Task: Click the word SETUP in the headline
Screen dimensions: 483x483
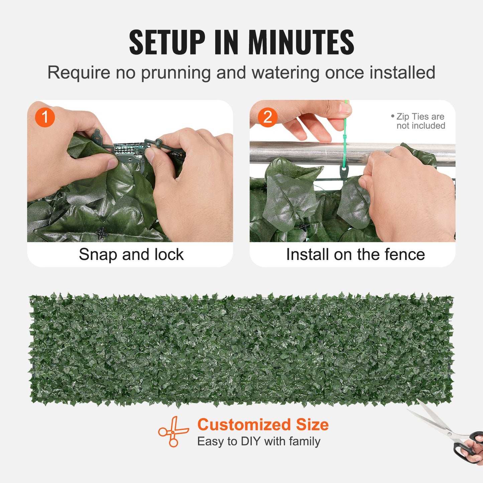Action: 167,42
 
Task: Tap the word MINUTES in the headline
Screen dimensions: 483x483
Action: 301,42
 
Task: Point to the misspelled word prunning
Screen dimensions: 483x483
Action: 175,73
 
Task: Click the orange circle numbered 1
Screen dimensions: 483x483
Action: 45,117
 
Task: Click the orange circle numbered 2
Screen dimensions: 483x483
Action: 267,117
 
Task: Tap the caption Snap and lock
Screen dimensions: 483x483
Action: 131,254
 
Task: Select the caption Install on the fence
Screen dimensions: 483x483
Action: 355,254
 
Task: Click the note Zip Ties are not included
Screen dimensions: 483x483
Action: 420,121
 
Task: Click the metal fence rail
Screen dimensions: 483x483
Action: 301,152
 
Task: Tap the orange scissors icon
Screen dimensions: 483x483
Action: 173,432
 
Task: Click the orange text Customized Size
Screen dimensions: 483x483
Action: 263,425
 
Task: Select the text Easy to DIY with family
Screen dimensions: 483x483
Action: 259,441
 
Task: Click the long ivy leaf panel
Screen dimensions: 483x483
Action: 241,349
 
